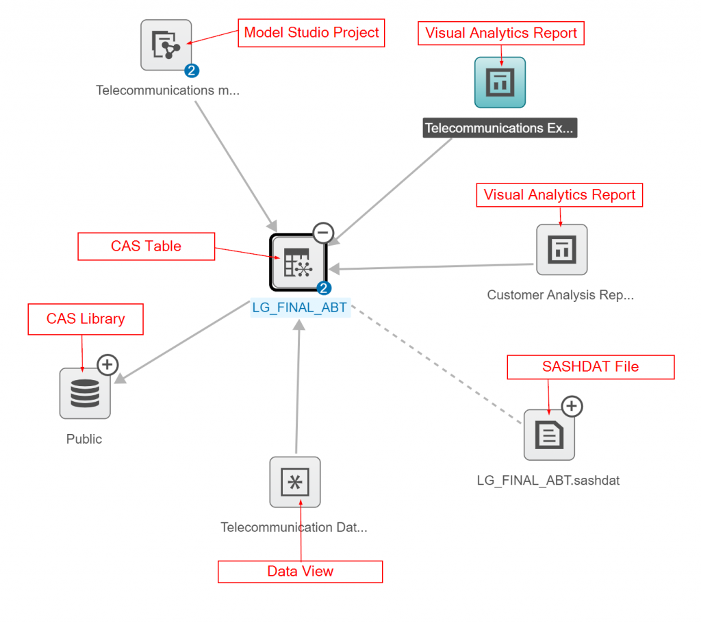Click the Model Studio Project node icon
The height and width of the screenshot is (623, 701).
click(x=166, y=44)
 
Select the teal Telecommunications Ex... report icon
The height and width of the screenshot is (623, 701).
click(x=500, y=82)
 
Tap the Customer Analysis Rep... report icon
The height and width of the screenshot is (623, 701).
click(x=561, y=250)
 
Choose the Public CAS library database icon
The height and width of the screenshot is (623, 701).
click(x=85, y=393)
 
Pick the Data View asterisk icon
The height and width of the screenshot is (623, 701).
click(x=295, y=482)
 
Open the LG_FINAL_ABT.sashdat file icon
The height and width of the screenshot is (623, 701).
click(x=549, y=435)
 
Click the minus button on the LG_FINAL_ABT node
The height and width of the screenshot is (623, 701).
click(x=323, y=233)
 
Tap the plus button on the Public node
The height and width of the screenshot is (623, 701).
click(x=107, y=365)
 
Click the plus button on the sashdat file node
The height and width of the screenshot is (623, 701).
click(x=572, y=407)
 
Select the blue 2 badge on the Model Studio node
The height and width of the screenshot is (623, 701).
click(x=192, y=70)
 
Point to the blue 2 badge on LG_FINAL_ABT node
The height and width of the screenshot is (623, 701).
click(x=324, y=288)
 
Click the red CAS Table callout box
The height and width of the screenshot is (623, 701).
click(x=146, y=246)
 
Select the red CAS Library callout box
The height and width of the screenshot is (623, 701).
click(x=86, y=319)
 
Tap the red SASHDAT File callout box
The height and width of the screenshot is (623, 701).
click(x=590, y=367)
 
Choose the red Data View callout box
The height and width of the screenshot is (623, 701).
click(x=300, y=572)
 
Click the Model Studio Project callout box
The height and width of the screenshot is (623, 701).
click(x=311, y=33)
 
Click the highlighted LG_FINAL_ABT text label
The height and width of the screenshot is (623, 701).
click(x=301, y=307)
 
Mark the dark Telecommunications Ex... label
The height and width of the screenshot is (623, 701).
click(x=500, y=128)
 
